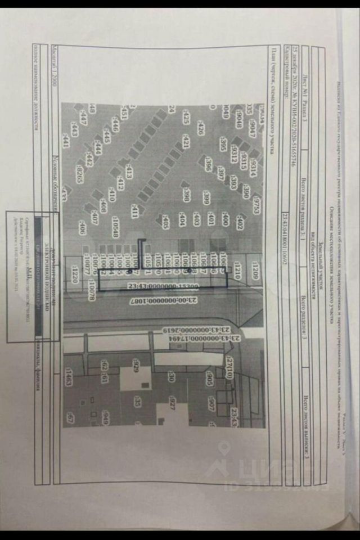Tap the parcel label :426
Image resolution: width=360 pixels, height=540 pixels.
200,129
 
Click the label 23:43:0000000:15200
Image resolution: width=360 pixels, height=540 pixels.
164,286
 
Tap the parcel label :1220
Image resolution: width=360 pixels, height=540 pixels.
74,276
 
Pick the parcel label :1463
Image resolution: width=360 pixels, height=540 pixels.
68,377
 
